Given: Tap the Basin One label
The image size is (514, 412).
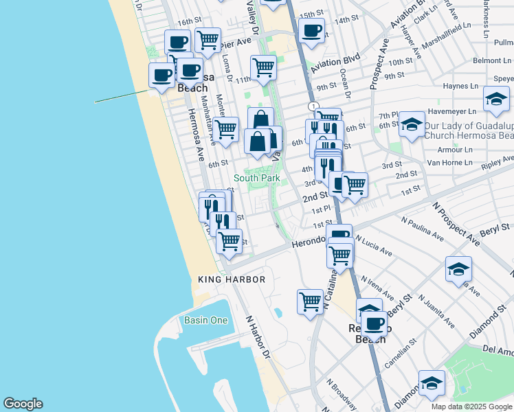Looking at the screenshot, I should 205,321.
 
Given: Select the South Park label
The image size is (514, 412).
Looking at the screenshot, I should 256,178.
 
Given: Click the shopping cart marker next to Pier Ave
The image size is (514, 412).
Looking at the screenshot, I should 208,39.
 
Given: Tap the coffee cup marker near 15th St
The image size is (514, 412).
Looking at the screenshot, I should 311,31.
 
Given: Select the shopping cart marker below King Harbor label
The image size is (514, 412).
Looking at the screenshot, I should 310,301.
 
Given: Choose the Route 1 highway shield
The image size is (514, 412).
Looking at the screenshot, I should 313,106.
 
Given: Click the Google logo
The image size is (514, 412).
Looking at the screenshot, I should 23,404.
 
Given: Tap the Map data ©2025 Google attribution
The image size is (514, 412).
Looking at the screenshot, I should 471,407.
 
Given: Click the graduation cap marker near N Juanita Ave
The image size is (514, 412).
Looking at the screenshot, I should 458,268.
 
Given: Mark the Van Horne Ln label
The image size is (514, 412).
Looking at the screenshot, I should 449,163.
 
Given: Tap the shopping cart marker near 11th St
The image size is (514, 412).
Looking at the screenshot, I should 263,67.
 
